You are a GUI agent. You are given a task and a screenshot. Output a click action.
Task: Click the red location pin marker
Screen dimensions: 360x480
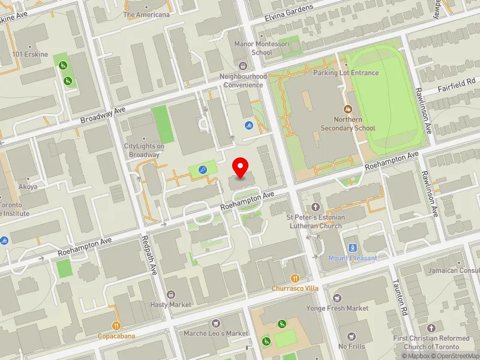pos(241,167)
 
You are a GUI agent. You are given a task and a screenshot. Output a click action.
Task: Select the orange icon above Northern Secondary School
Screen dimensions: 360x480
pos(347,109)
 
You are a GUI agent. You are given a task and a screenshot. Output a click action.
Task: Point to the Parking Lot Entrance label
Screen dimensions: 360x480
pos(346,73)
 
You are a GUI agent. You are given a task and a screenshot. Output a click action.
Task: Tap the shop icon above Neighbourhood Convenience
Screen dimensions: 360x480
pos(243,65)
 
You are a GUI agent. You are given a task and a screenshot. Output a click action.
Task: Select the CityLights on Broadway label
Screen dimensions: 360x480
pos(143,150)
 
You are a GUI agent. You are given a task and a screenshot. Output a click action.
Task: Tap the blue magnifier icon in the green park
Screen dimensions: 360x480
pos(203,170)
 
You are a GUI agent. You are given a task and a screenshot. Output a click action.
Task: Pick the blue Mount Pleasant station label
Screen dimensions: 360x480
pos(353,258)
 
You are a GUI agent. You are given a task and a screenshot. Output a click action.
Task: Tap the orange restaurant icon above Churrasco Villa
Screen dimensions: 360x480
pos(295,278)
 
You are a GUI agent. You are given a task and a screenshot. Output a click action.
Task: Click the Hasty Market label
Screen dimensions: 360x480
pos(171,304)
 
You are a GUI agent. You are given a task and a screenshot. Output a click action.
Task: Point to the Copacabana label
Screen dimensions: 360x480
pos(116,335)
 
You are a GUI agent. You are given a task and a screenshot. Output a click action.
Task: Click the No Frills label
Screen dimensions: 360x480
pos(351,346)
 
